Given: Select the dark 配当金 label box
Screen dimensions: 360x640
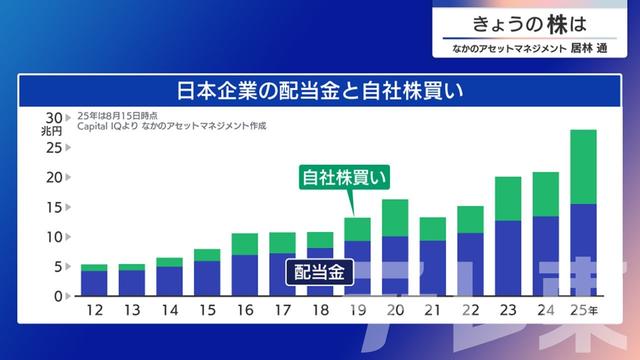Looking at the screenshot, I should [x=320, y=271].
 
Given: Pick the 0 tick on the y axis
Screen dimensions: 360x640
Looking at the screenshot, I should [x=58, y=297].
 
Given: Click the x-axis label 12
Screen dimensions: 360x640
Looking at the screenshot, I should [x=94, y=312].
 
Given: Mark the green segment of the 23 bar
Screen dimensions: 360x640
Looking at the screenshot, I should [x=508, y=198].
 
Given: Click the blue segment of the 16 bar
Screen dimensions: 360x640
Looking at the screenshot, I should [x=244, y=276].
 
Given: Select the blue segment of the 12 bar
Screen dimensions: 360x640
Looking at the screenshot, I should [x=94, y=284].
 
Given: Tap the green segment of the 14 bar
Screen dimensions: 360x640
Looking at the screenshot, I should [x=169, y=262].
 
